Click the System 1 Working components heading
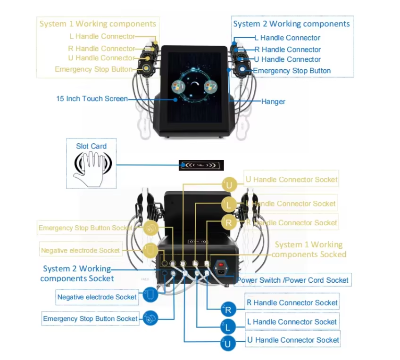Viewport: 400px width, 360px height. click(98, 24)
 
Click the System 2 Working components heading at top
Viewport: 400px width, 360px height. click(292, 24)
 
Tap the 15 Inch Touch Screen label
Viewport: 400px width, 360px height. click(92, 98)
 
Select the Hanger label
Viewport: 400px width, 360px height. click(273, 101)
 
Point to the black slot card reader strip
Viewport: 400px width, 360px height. click(201, 165)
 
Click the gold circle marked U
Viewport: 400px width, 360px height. click(229, 184)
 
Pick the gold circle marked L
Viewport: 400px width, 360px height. click(229, 204)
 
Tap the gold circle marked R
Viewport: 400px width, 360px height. click(229, 223)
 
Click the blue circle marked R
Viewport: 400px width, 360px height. click(228, 310)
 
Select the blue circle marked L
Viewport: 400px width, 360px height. click(228, 327)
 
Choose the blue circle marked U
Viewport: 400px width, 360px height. click(228, 344)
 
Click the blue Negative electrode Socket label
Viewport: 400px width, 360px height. click(97, 297)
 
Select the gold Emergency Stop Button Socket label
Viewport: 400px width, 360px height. click(85, 228)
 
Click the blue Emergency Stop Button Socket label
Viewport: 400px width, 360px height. click(91, 319)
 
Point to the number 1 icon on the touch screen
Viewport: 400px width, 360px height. click(178, 87)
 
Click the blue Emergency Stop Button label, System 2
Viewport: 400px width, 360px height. click(292, 71)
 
